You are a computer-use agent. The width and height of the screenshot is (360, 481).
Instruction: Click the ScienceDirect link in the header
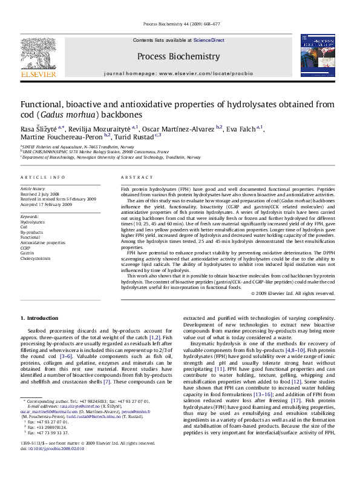pyautogui.click(x=209, y=40)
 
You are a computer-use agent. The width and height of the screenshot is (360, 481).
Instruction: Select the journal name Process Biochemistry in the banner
pyautogui.click(x=178, y=56)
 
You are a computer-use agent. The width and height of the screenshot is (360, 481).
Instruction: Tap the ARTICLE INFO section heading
pyautogui.click(x=42, y=177)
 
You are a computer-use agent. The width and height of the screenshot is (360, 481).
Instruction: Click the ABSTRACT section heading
pyautogui.click(x=134, y=177)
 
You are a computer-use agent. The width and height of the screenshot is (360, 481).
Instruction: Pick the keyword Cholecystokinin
pyautogui.click(x=36, y=275)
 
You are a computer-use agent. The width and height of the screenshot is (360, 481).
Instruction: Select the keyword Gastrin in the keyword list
pyautogui.click(x=28, y=270)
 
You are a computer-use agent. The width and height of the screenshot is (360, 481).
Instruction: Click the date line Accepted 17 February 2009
pyautogui.click(x=46, y=205)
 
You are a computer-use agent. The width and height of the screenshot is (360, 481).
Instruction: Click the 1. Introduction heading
pyautogui.click(x=39, y=318)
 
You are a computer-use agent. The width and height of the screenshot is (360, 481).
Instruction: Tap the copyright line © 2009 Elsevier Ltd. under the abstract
pyautogui.click(x=293, y=294)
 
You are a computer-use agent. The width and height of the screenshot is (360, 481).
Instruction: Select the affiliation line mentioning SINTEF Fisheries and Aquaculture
pyautogui.click(x=79, y=147)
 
